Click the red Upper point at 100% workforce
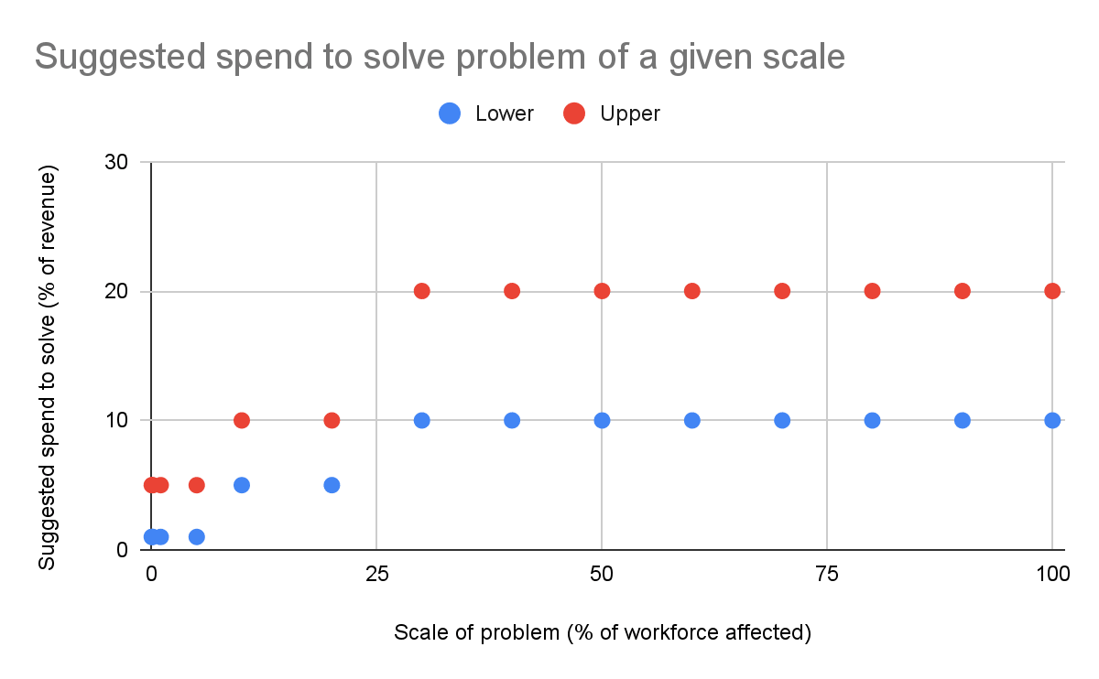1052,291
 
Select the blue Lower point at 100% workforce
1052,420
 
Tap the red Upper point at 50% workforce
602,291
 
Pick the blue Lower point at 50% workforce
602,420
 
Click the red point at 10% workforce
242,420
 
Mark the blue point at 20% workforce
332,485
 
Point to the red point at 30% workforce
421,291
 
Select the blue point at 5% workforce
196,537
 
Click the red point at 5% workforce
196,485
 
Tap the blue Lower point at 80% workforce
872,420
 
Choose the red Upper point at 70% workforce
781,291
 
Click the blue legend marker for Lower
450,113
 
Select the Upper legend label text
630,113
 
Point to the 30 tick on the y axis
116,162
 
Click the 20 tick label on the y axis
116,291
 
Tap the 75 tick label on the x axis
827,574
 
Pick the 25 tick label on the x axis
376,574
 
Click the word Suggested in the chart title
120,58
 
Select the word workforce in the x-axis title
669,632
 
